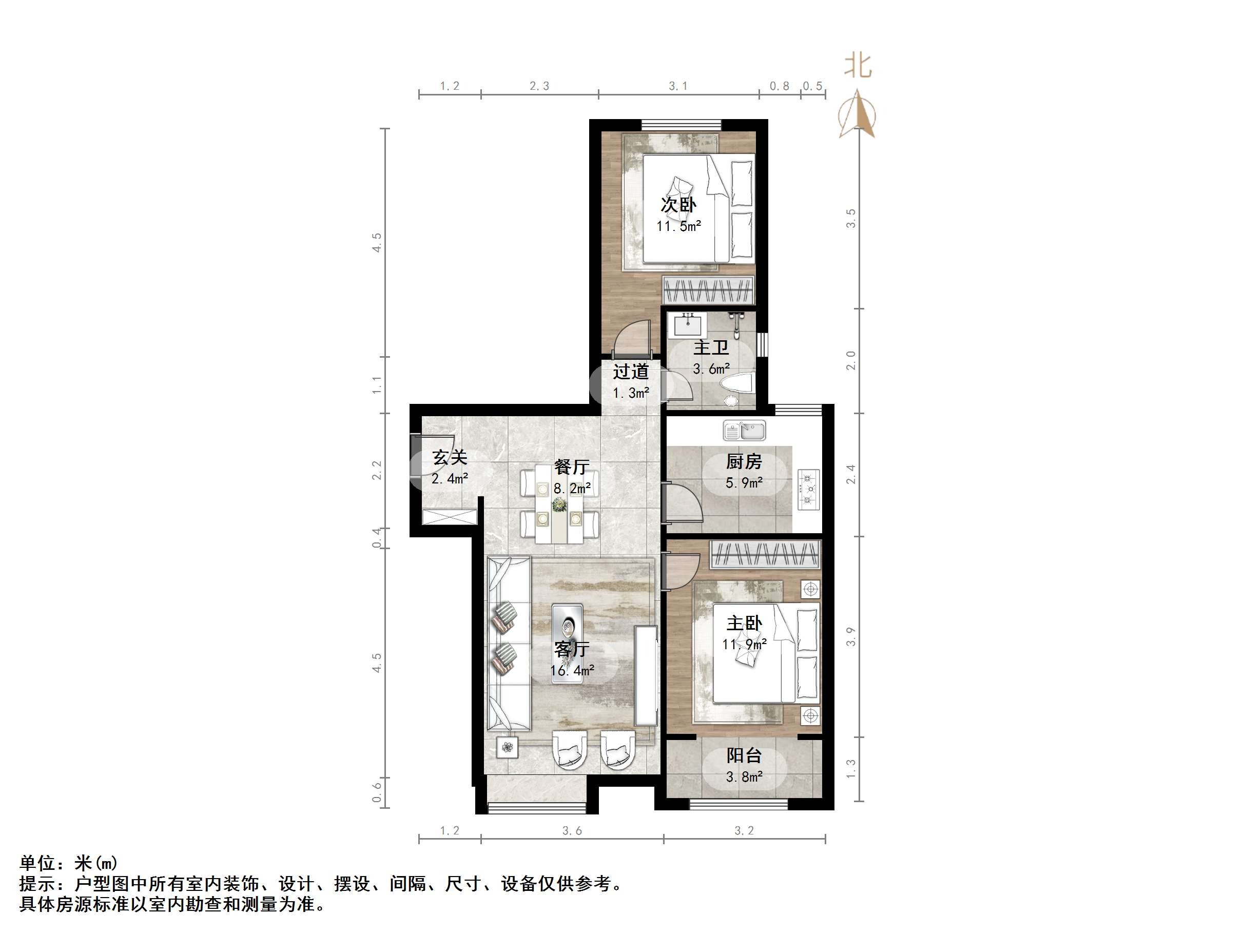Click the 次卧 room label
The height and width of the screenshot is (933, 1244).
678,205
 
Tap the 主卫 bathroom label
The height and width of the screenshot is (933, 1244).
711,347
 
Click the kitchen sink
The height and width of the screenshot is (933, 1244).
744,432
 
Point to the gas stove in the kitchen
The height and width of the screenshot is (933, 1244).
809,490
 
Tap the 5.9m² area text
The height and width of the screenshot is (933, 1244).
744,482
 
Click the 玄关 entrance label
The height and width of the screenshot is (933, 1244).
450,458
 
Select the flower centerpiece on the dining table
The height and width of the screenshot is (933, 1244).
559,504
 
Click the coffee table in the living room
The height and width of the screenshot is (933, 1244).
567,643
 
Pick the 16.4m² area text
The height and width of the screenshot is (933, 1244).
571,670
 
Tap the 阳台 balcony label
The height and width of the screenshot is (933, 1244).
744,755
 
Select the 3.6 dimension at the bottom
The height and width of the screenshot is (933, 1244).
572,831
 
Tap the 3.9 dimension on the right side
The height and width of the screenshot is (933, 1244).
850,636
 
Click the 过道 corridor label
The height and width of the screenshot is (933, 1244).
630,371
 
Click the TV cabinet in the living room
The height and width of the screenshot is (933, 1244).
646,675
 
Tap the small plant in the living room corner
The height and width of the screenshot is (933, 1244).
508,747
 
